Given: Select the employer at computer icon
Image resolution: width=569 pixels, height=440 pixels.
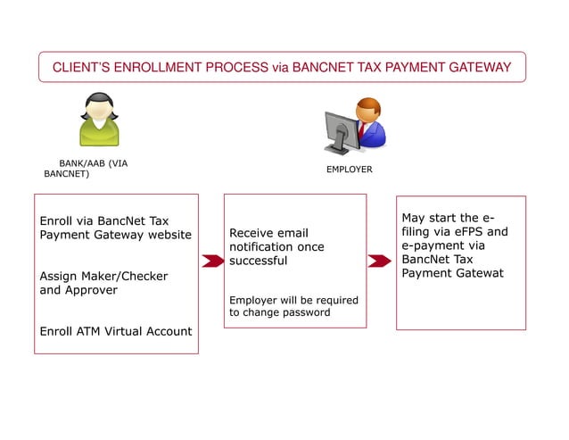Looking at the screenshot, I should (x=354, y=125).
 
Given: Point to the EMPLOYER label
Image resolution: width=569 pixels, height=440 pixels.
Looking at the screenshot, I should (x=349, y=169).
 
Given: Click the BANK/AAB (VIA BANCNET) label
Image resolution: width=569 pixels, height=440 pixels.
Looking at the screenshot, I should (x=86, y=169).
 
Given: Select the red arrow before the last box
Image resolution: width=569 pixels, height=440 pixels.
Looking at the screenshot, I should (x=380, y=261).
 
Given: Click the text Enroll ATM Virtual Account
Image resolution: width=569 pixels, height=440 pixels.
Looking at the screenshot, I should (x=116, y=331).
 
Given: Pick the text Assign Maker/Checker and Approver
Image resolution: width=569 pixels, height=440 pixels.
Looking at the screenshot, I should (x=103, y=283).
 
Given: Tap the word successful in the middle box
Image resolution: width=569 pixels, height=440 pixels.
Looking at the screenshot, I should (x=258, y=261).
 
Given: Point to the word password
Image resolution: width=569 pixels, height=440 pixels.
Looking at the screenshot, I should (x=305, y=312).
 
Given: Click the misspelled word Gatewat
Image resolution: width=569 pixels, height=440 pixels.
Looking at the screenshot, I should (x=477, y=273).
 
